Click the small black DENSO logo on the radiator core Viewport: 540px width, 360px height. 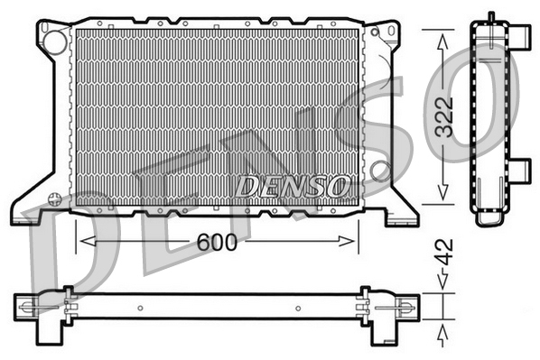click(292, 186)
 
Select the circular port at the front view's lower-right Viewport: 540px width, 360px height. click(380, 169)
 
